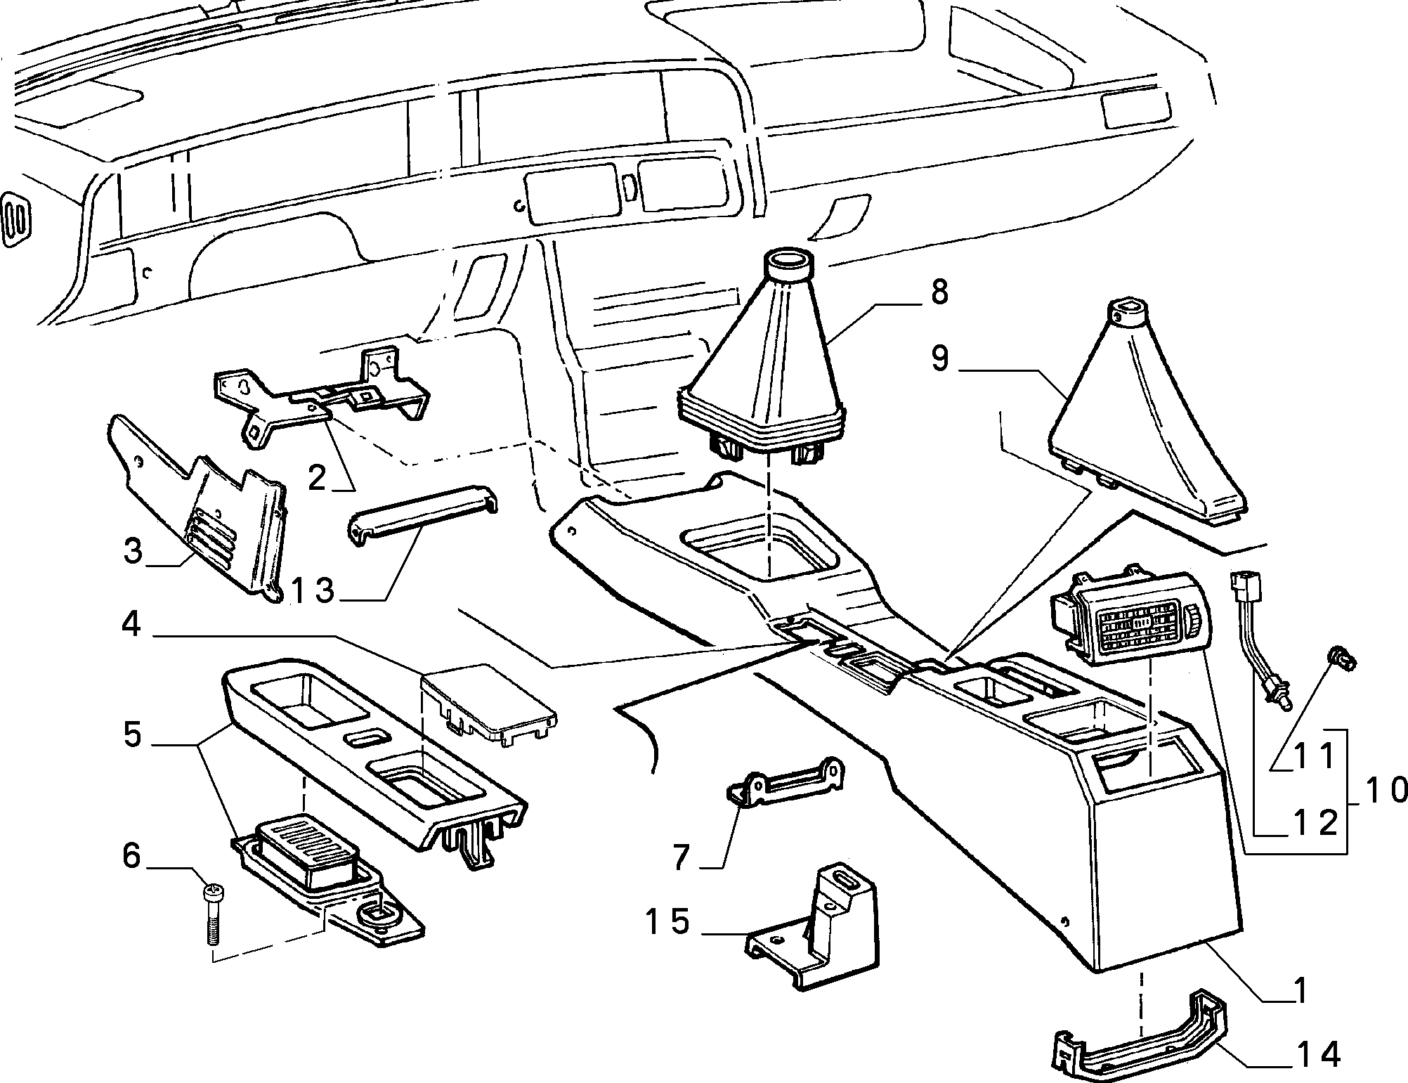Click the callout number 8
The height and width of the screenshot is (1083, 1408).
(x=939, y=292)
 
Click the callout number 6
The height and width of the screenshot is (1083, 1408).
(x=132, y=857)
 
